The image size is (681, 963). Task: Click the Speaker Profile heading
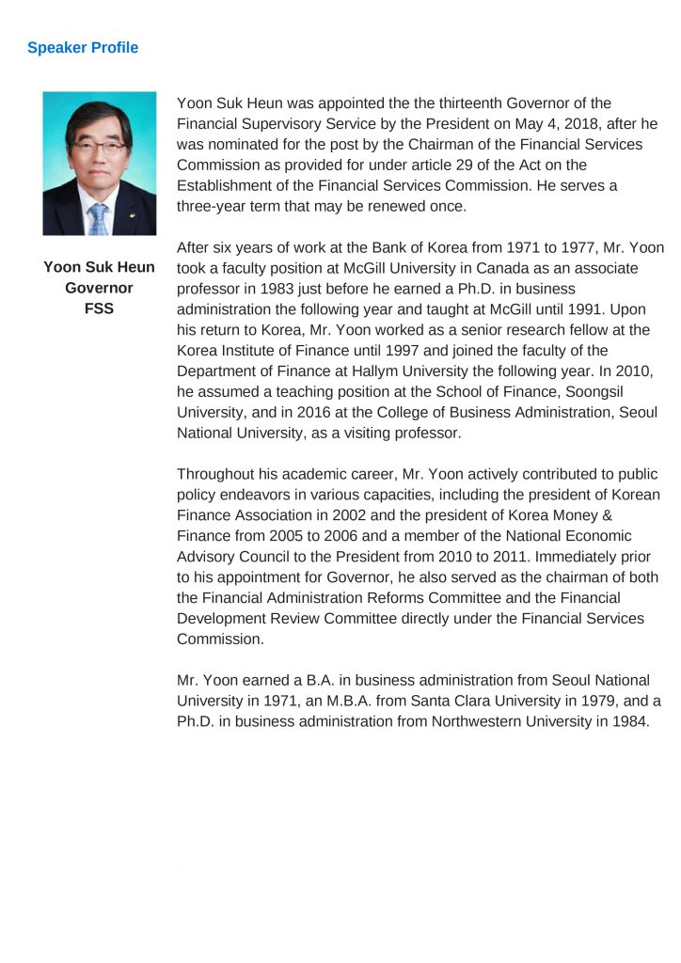coord(83,48)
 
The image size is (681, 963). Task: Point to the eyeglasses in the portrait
coord(97,147)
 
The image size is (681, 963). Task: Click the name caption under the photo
coord(99,268)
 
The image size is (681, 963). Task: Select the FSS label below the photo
coord(99,308)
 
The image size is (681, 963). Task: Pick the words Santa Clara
coord(423,701)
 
